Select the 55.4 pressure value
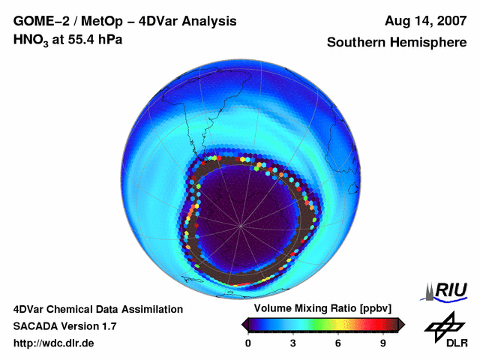(x=77, y=40)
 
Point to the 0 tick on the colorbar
(x=248, y=343)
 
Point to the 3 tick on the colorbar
(x=293, y=343)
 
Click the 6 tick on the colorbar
(x=338, y=343)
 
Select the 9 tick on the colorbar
(x=382, y=343)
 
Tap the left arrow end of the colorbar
(x=244, y=323)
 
